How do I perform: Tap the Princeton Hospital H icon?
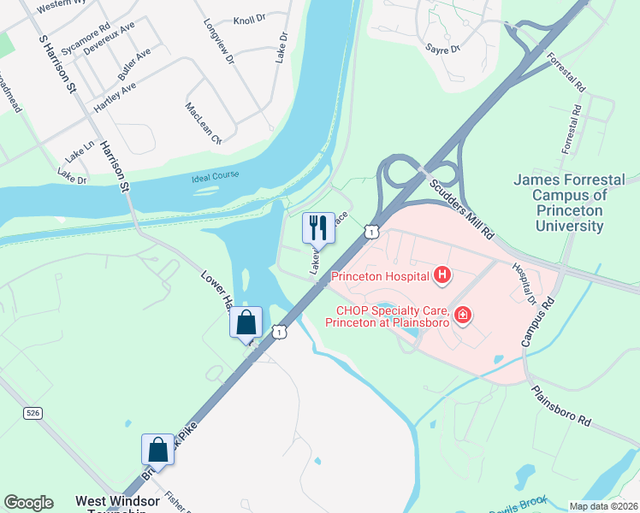pos(441,275)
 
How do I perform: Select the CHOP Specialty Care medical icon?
pos(463,316)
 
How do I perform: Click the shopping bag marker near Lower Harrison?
pos(246,322)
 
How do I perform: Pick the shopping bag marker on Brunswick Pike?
pos(158,450)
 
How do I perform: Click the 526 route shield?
pos(33,413)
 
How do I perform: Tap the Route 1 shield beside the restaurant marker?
pos(370,231)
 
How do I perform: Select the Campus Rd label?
pos(538,321)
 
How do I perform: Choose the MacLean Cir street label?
pos(204,123)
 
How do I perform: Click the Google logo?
pos(28,503)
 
